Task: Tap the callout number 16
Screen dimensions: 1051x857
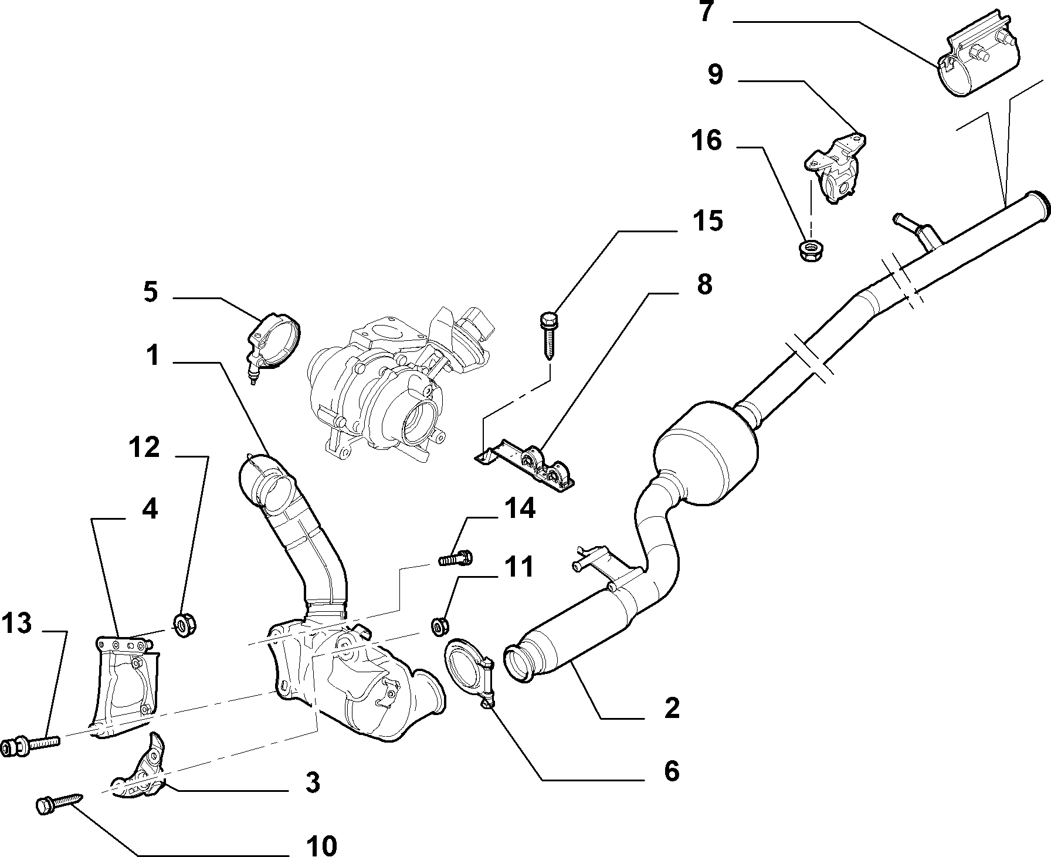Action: (707, 141)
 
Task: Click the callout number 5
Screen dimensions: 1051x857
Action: (151, 292)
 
